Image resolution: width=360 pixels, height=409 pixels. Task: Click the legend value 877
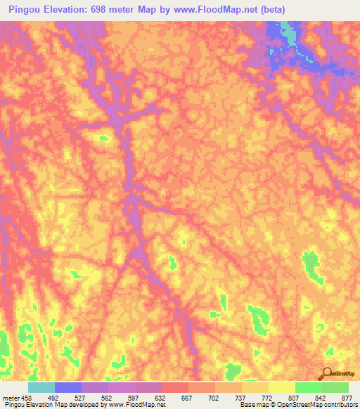[346, 396]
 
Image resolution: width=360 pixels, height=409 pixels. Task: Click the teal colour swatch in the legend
[41, 387]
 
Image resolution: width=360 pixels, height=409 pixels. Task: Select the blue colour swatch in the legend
[68, 387]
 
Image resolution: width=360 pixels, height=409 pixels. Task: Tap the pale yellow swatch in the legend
[282, 387]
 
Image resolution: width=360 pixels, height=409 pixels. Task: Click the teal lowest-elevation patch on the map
[288, 32]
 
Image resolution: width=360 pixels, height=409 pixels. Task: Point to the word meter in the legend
[11, 396]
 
